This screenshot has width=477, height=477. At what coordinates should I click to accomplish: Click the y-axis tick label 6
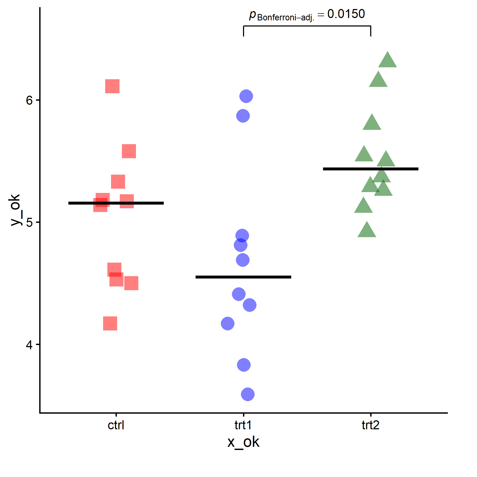(x=29, y=100)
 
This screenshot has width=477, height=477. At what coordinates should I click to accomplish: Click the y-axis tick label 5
(x=29, y=222)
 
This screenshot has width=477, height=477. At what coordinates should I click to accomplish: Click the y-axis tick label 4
(x=29, y=345)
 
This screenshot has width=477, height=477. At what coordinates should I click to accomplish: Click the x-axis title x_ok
(x=243, y=442)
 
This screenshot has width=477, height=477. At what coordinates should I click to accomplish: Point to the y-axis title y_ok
(x=15, y=210)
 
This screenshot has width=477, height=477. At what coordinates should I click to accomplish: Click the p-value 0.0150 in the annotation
(x=346, y=14)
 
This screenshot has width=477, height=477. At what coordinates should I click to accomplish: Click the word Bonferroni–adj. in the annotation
(x=286, y=18)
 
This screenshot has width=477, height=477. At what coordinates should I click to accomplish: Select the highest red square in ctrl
(x=112, y=86)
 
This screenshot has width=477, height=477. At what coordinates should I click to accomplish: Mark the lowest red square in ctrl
(x=110, y=323)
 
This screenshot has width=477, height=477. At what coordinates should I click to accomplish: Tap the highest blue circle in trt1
(x=246, y=96)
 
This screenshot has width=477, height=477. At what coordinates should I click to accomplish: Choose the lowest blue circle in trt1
(x=248, y=394)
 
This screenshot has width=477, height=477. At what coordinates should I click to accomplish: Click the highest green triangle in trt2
(x=387, y=61)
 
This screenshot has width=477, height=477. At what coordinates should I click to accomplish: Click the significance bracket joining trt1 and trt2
(x=307, y=26)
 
